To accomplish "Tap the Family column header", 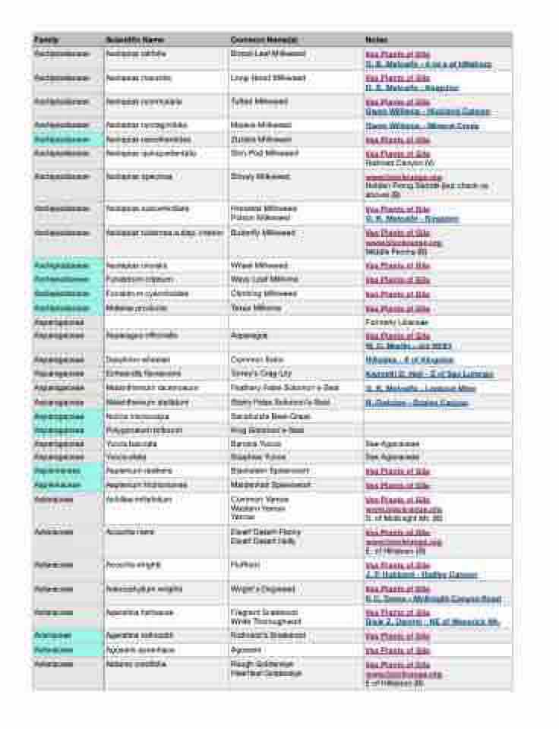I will click(x=46, y=39).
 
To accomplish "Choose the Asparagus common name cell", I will click(x=249, y=336).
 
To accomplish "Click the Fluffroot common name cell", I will click(x=245, y=566).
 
